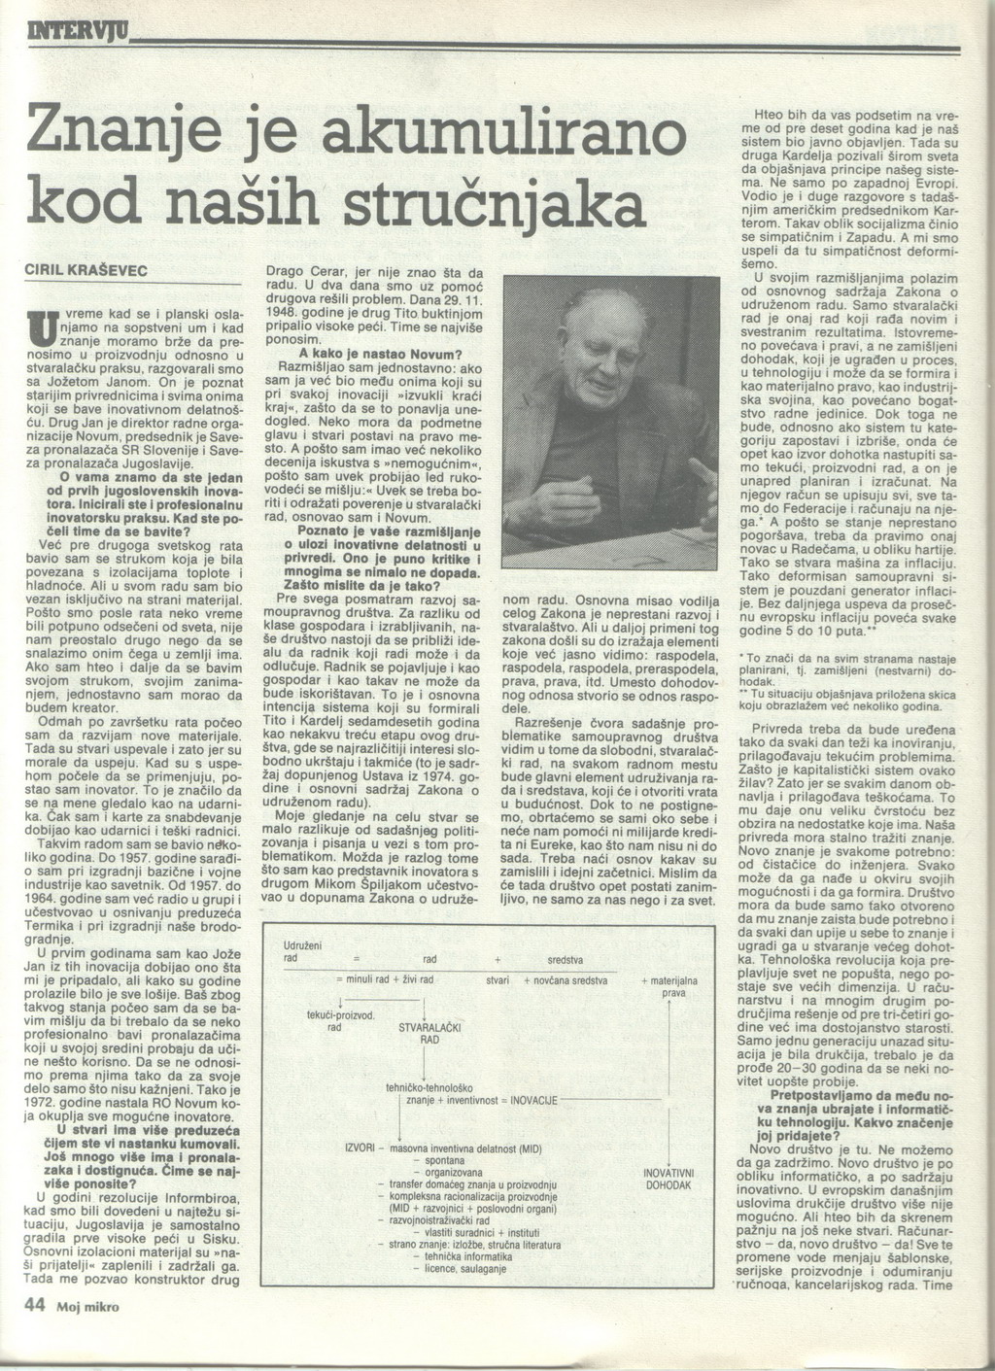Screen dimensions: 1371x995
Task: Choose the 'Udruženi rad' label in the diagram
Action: pos(301,951)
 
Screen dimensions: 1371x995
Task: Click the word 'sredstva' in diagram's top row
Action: pos(565,959)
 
